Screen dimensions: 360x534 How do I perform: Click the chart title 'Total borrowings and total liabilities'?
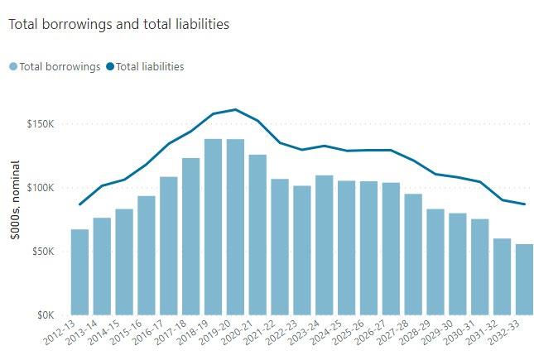118,25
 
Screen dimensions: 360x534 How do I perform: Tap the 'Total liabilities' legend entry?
147,66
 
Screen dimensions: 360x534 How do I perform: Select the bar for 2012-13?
79,272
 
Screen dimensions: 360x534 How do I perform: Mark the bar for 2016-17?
169,246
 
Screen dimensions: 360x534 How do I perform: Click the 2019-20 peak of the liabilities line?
235,109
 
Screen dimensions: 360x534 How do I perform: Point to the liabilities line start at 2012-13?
79,204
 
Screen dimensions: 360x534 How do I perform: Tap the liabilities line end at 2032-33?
524,204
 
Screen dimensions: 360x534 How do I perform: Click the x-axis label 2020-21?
248,336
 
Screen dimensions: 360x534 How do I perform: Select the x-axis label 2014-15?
115,336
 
